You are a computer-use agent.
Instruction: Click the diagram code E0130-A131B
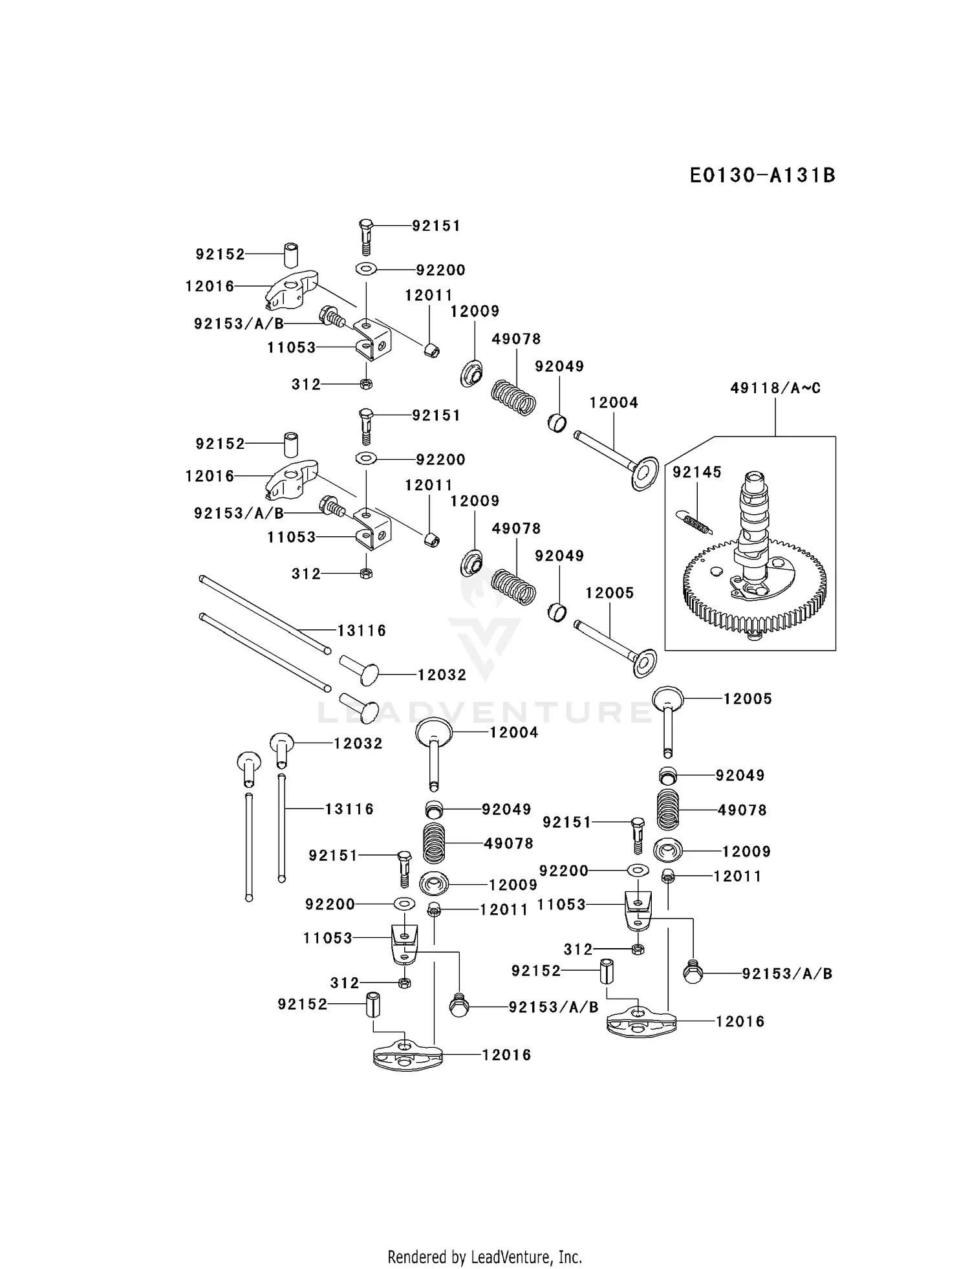[762, 175]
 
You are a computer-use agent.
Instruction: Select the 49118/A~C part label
[775, 388]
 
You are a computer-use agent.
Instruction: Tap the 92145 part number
[696, 472]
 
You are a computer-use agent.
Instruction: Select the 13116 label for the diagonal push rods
[361, 631]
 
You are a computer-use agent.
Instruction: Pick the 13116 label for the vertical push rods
[349, 808]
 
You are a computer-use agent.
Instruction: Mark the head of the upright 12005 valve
[668, 698]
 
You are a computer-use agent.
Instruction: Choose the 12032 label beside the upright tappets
[358, 744]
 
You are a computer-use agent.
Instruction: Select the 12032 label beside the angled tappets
[442, 675]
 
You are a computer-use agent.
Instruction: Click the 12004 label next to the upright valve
[513, 732]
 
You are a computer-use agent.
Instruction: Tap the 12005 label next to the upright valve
[748, 699]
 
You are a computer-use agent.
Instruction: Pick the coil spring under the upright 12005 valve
[669, 810]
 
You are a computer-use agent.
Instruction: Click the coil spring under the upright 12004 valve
[434, 843]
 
